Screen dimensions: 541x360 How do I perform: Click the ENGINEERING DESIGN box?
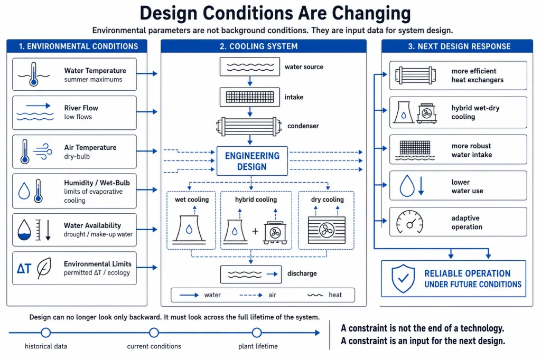point(252,161)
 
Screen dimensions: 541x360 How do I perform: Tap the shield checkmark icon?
point(403,279)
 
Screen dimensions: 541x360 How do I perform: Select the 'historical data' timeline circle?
point(46,333)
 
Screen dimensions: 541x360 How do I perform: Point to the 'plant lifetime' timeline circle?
point(257,333)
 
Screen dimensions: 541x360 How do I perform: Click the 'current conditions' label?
point(154,346)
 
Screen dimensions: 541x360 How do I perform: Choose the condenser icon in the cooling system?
point(249,126)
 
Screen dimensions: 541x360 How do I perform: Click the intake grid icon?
point(250,97)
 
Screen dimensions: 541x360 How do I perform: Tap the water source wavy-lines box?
point(250,67)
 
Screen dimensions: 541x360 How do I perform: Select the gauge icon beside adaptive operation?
point(409,222)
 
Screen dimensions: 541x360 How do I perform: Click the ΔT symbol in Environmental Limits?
point(24,268)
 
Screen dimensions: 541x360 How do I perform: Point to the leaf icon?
point(44,268)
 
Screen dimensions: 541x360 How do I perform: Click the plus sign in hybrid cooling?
point(255,231)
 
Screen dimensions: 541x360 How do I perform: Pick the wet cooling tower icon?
point(189,230)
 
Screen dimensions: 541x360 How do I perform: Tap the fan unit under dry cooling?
point(327,230)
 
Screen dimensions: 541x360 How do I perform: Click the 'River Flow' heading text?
point(81,108)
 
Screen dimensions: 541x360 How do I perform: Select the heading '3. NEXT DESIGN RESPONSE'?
point(459,46)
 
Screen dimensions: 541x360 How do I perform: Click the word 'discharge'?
point(302,273)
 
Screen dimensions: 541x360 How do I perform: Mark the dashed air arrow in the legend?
point(251,295)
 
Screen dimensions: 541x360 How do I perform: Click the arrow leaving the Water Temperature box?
point(147,73)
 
